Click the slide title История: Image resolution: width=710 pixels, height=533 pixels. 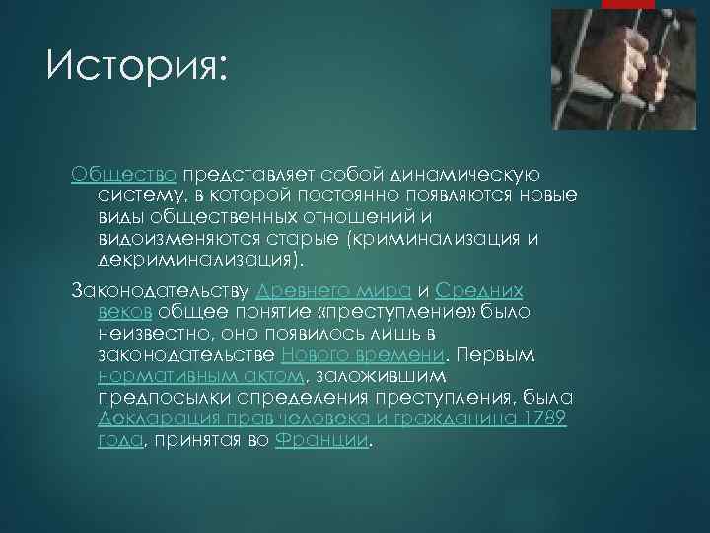pos(136,68)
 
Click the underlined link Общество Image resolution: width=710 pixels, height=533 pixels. pos(123,173)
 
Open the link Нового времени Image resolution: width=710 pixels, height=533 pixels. pos(363,355)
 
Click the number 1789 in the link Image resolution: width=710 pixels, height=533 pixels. pos(545,419)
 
